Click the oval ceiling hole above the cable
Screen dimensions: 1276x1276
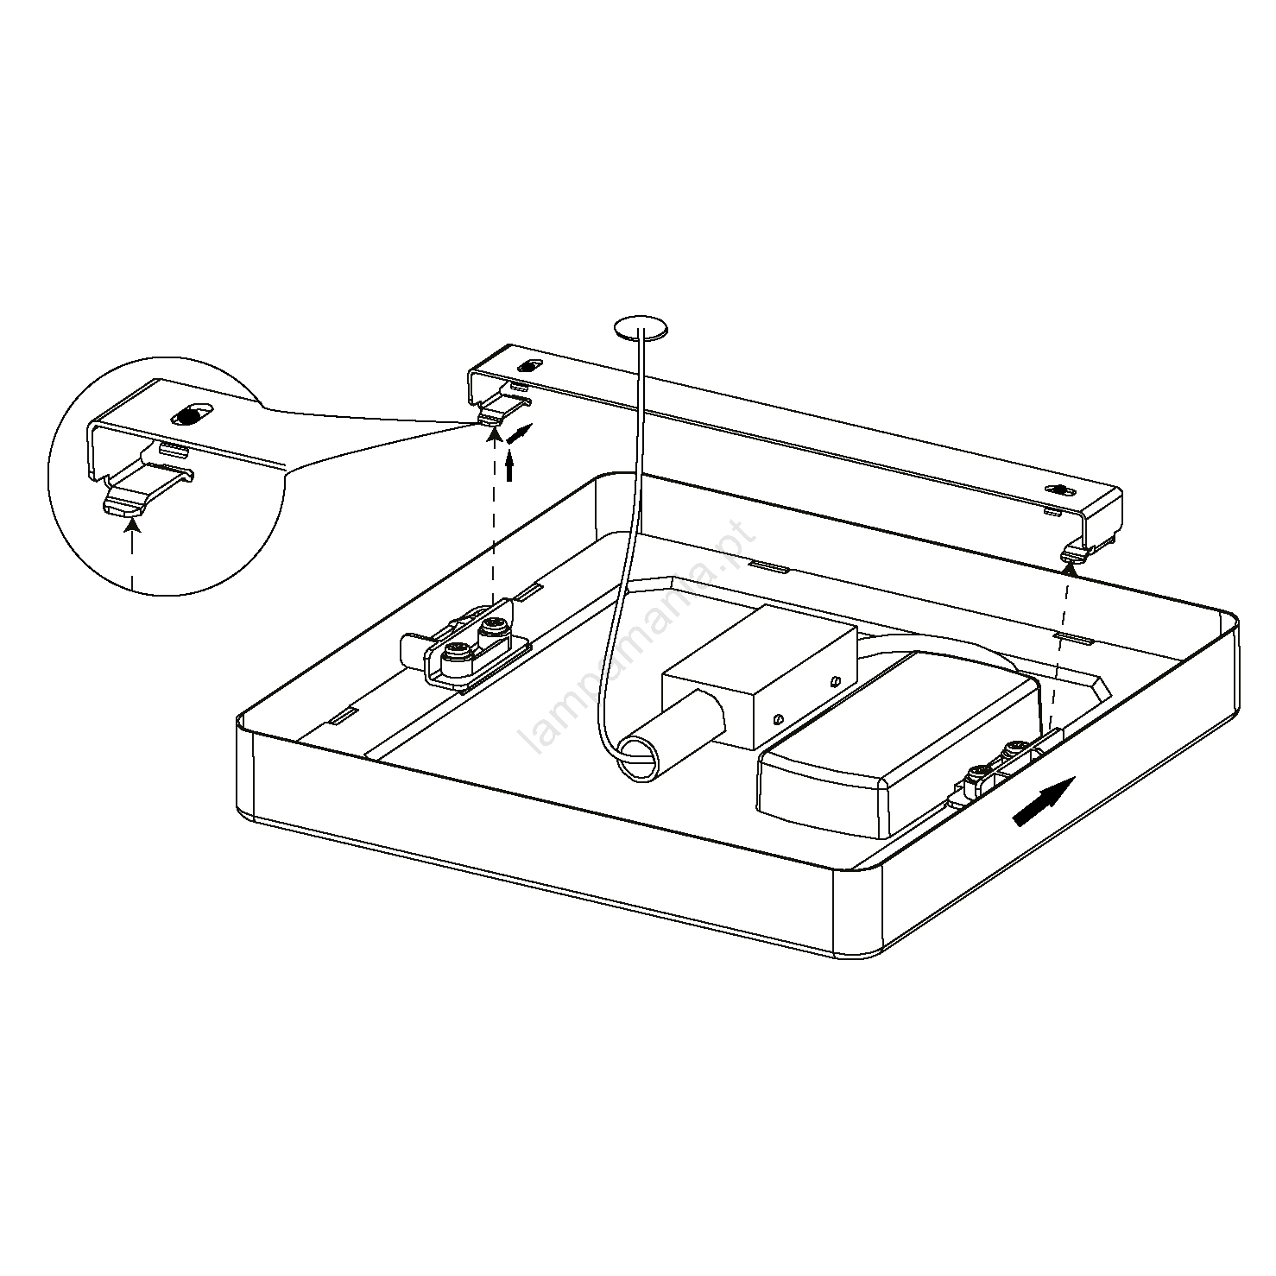coord(640,328)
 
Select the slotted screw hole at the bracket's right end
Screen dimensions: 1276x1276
coord(1061,490)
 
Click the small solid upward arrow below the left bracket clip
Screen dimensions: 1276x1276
coord(509,467)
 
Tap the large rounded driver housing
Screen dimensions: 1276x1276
coord(898,743)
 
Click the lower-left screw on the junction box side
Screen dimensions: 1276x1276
coord(779,716)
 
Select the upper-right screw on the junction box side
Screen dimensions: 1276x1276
coord(833,681)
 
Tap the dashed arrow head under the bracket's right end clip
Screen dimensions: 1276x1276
coord(1070,565)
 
